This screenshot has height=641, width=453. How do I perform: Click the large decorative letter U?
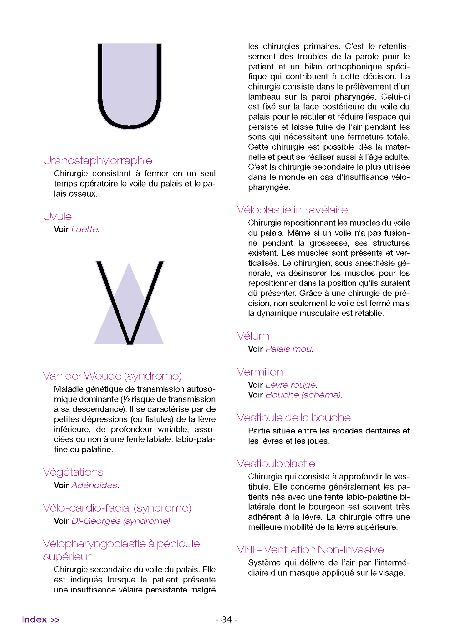pyautogui.click(x=129, y=86)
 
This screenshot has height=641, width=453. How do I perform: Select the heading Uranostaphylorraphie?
pyautogui.click(x=98, y=161)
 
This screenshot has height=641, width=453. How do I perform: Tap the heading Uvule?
pyautogui.click(x=58, y=217)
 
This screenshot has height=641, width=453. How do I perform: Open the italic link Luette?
pyautogui.click(x=84, y=229)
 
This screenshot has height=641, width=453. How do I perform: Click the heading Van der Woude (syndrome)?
pyautogui.click(x=112, y=376)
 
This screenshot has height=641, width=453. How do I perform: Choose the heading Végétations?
pyautogui.click(x=73, y=472)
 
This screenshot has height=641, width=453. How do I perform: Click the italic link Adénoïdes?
pyautogui.click(x=94, y=485)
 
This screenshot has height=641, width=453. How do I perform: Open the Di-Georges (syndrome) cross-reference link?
pyautogui.click(x=121, y=521)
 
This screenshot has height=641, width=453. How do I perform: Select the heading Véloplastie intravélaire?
pyautogui.click(x=292, y=210)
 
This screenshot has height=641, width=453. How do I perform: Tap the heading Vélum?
pyautogui.click(x=253, y=336)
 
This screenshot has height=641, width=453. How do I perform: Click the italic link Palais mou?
pyautogui.click(x=288, y=349)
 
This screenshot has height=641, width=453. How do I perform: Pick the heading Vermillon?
pyautogui.click(x=260, y=372)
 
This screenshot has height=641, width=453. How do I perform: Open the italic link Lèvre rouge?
pyautogui.click(x=290, y=385)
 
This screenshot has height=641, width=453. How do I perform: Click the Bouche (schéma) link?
pyautogui.click(x=303, y=395)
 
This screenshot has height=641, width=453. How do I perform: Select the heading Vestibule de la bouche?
pyautogui.click(x=294, y=418)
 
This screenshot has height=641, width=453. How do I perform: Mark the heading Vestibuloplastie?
pyautogui.click(x=276, y=464)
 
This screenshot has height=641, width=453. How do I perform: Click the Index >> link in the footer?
pyautogui.click(x=41, y=619)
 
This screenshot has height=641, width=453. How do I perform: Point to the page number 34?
pyautogui.click(x=227, y=619)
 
